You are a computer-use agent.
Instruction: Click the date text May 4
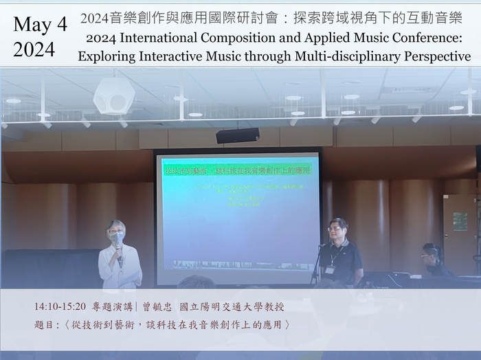click(x=40, y=25)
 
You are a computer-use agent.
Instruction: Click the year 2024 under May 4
click(x=34, y=49)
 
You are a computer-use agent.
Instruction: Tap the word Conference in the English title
click(x=424, y=38)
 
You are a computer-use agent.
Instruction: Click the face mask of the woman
click(x=118, y=238)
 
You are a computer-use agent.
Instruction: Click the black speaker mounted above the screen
click(x=237, y=135)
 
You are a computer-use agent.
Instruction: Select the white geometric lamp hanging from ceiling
click(x=113, y=95)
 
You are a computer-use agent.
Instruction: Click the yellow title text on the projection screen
click(x=236, y=168)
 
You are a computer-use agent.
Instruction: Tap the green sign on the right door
click(x=460, y=221)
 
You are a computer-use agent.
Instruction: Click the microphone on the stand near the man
click(x=321, y=246)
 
